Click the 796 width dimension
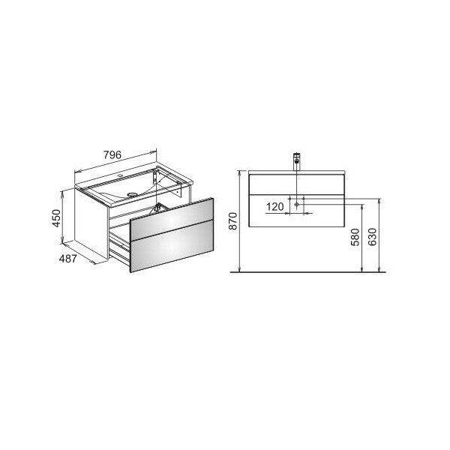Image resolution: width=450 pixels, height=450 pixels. pos(112,155)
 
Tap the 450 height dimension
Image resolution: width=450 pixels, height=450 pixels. pos(56,218)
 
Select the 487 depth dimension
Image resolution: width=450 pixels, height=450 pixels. pos(68,259)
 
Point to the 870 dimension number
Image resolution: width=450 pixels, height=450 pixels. pos(234,220)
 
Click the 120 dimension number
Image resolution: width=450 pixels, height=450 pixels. pos(275,207)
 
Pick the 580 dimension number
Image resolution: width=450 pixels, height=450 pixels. pos(355,237)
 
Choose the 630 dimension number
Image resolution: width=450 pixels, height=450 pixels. pos(372,237)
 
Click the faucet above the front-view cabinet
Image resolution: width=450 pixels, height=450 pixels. pos(296,161)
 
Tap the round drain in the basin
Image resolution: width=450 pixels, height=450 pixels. pos(132,195)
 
